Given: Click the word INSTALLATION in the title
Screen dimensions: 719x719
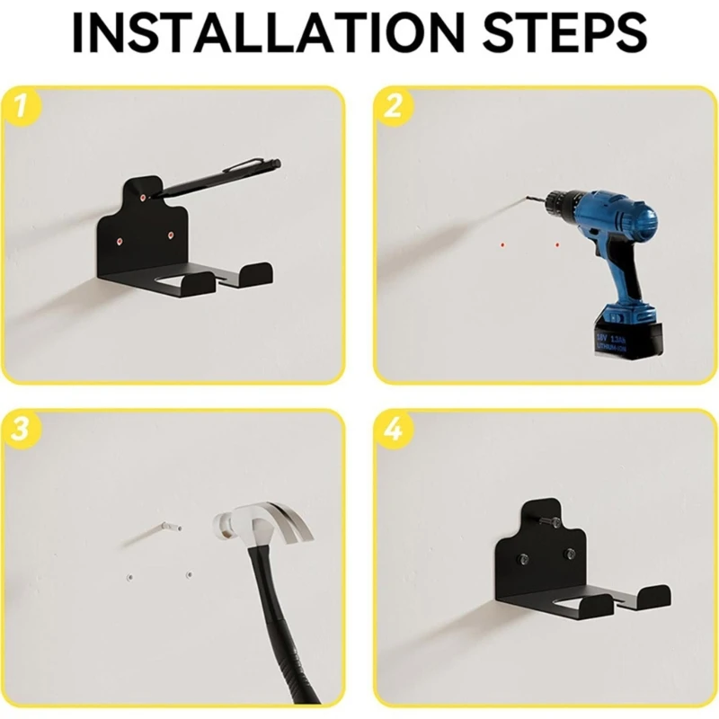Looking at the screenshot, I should point(262,33).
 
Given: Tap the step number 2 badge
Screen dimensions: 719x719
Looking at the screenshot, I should point(393,108).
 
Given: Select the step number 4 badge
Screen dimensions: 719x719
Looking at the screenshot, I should point(393,431).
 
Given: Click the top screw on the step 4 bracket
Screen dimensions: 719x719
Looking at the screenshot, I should point(548,519).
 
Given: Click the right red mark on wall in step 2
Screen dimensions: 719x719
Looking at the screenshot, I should point(557,244).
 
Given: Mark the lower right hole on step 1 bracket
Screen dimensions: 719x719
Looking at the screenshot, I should point(171,235).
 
